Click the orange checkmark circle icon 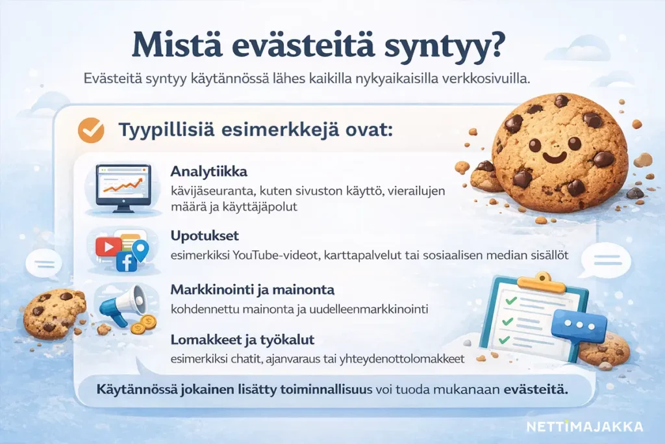tap(91, 130)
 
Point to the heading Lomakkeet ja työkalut tap(243, 339)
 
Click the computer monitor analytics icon tap(123, 188)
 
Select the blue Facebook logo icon tap(125, 261)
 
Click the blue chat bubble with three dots tap(579, 324)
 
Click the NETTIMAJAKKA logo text tap(584, 426)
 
